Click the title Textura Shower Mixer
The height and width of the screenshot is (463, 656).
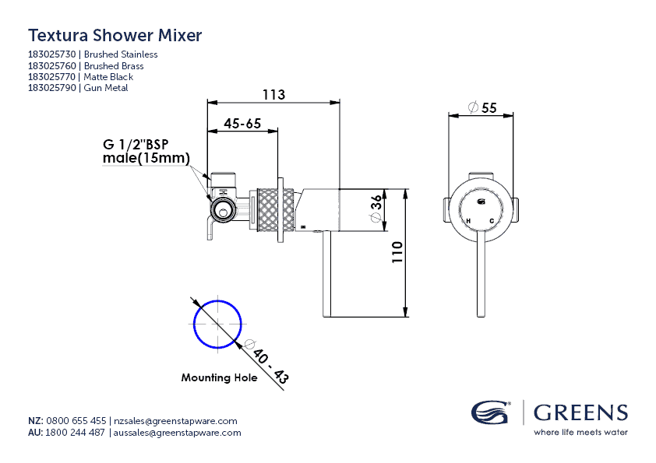tap(115, 35)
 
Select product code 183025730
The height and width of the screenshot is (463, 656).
tap(52, 54)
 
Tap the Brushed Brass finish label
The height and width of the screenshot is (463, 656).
tap(114, 66)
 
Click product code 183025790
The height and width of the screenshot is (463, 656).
tap(52, 88)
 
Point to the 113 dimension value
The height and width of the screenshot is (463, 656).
tap(273, 95)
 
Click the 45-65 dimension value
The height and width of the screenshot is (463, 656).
tap(242, 124)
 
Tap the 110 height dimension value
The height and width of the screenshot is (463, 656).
tap(397, 254)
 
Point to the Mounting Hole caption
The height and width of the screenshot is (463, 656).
tap(218, 377)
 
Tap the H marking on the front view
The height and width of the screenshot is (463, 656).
tap(468, 221)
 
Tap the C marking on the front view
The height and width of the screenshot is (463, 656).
tap(492, 221)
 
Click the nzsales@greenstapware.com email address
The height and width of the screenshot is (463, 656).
tap(175, 420)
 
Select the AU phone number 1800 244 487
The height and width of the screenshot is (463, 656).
tap(76, 433)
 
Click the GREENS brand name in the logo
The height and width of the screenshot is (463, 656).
tap(580, 412)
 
